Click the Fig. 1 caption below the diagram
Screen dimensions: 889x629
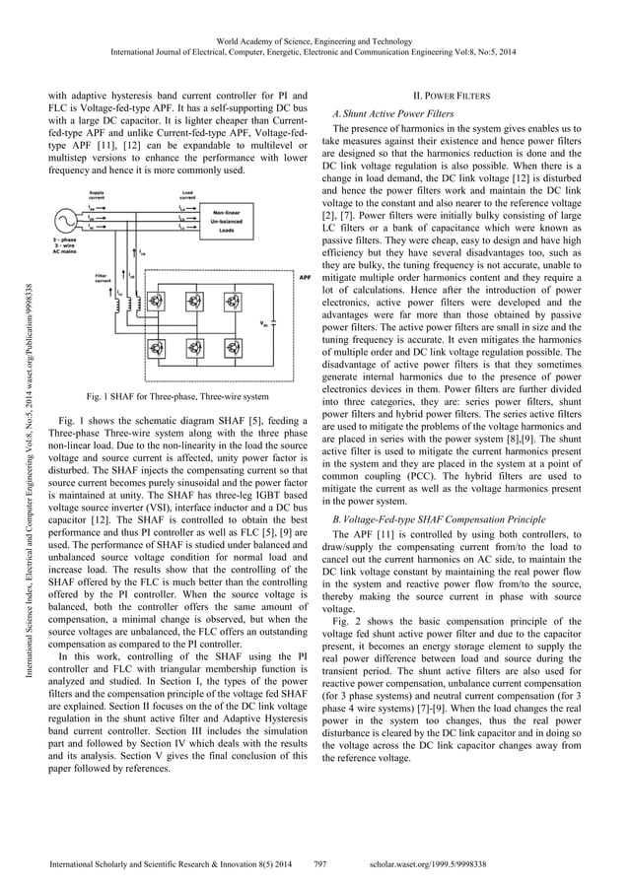point(175,397)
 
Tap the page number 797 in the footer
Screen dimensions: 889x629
point(319,863)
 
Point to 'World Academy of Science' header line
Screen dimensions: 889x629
point(314,34)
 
